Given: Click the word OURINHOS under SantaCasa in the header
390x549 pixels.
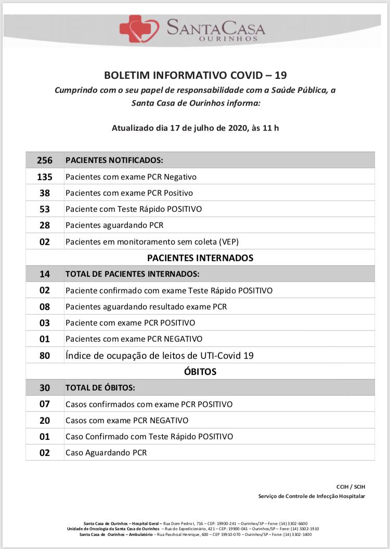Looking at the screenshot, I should [x=228, y=38].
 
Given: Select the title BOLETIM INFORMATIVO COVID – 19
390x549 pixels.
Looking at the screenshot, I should [x=195, y=76].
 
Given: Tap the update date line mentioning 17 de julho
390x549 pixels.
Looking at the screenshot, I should [x=195, y=128].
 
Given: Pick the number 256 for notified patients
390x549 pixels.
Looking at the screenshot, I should [x=45, y=160].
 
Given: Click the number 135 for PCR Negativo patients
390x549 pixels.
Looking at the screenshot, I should [x=45, y=177].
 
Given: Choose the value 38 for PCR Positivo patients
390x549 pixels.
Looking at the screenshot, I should [x=45, y=193].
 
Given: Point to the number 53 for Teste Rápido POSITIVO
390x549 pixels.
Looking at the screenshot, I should [x=45, y=209].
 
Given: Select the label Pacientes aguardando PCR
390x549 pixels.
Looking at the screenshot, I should [x=114, y=225].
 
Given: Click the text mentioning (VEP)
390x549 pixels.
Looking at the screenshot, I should [x=152, y=242].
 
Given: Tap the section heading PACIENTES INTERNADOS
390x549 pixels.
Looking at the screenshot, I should [x=200, y=258].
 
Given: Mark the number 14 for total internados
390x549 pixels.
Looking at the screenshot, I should [x=45, y=274].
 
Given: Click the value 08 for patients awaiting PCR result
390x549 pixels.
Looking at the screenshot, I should [x=45, y=306].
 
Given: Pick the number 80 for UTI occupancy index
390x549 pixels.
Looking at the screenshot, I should [x=45, y=355].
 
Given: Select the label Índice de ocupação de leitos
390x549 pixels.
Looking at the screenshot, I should [x=160, y=355].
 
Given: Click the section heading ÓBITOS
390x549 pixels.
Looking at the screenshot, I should [x=200, y=371].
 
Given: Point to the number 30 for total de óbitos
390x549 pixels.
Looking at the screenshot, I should [x=45, y=387].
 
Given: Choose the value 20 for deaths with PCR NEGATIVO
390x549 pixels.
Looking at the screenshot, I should [x=45, y=420].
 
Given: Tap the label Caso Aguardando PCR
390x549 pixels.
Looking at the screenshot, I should [x=106, y=452].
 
